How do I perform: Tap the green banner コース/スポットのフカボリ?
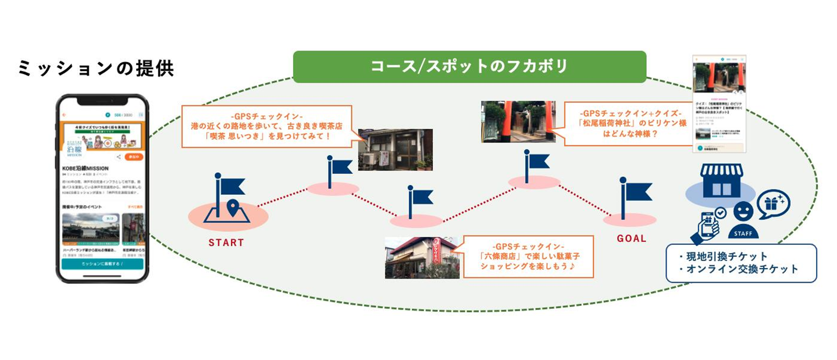pyautogui.click(x=469, y=66)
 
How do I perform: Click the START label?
pyautogui.click(x=227, y=243)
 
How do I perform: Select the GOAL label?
pyautogui.click(x=631, y=238)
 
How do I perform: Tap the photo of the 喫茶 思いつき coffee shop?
pyautogui.click(x=395, y=149)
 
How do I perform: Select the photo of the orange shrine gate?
pyautogui.click(x=518, y=122)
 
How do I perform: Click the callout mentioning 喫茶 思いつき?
pyautogui.click(x=267, y=126)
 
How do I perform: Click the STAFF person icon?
pyautogui.click(x=743, y=220)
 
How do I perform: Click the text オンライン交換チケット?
pyautogui.click(x=739, y=269)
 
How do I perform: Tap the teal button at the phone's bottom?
pyautogui.click(x=102, y=263)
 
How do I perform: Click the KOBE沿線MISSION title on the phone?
pyautogui.click(x=86, y=169)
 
